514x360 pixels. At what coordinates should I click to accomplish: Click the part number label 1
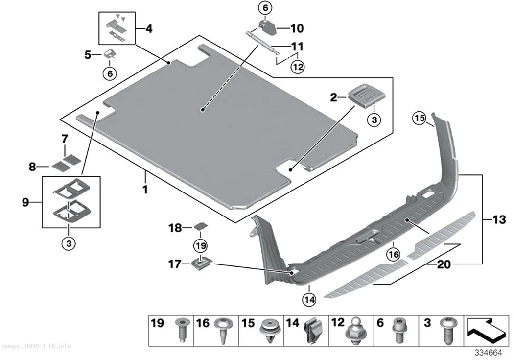pyautogui.click(x=145, y=189)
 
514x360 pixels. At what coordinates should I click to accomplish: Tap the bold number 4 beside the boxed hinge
pyautogui.click(x=148, y=29)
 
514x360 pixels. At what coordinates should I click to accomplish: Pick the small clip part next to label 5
pyautogui.click(x=109, y=53)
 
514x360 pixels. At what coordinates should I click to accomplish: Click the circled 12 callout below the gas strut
pyautogui.click(x=298, y=67)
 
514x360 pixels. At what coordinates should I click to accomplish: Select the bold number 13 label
pyautogui.click(x=499, y=219)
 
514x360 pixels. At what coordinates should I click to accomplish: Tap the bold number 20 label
pyautogui.click(x=444, y=264)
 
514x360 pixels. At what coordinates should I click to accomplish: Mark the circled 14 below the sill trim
pyautogui.click(x=310, y=299)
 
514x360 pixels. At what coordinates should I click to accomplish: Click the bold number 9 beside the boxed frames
pyautogui.click(x=25, y=202)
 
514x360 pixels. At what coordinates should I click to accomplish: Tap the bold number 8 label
pyautogui.click(x=32, y=167)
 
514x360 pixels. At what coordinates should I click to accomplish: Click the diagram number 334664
pyautogui.click(x=488, y=353)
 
